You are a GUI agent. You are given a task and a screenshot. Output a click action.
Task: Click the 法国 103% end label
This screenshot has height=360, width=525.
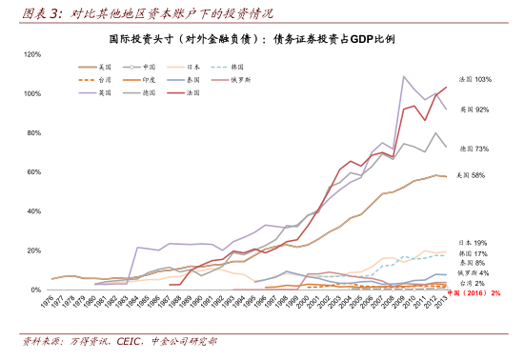[x=475, y=79]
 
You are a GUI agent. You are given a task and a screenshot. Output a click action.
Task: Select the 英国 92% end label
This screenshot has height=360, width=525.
[x=475, y=110]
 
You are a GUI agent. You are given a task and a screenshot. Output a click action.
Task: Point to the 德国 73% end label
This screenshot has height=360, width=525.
[x=475, y=149]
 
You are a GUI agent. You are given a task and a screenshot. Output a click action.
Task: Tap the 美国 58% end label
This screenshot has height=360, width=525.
[x=472, y=175]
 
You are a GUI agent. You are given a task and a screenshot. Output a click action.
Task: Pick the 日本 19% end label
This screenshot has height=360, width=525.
[x=474, y=243]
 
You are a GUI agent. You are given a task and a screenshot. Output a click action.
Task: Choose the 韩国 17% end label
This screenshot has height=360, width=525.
[x=474, y=253]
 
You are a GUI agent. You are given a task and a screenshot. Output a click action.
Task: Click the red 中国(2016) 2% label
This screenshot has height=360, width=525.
[x=475, y=293]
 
